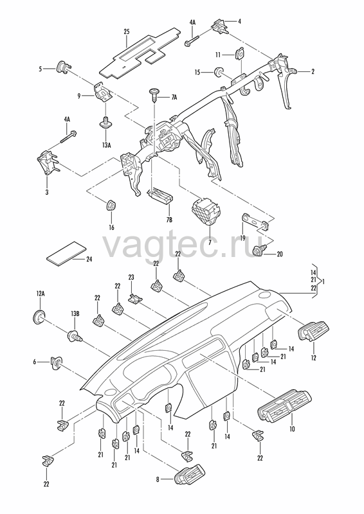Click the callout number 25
(127, 31)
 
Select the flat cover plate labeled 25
(140, 53)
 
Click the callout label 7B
(169, 220)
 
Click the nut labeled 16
(112, 205)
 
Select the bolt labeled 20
(260, 251)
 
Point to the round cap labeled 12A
(39, 315)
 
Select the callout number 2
(313, 71)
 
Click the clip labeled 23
(134, 298)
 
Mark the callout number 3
(47, 192)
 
